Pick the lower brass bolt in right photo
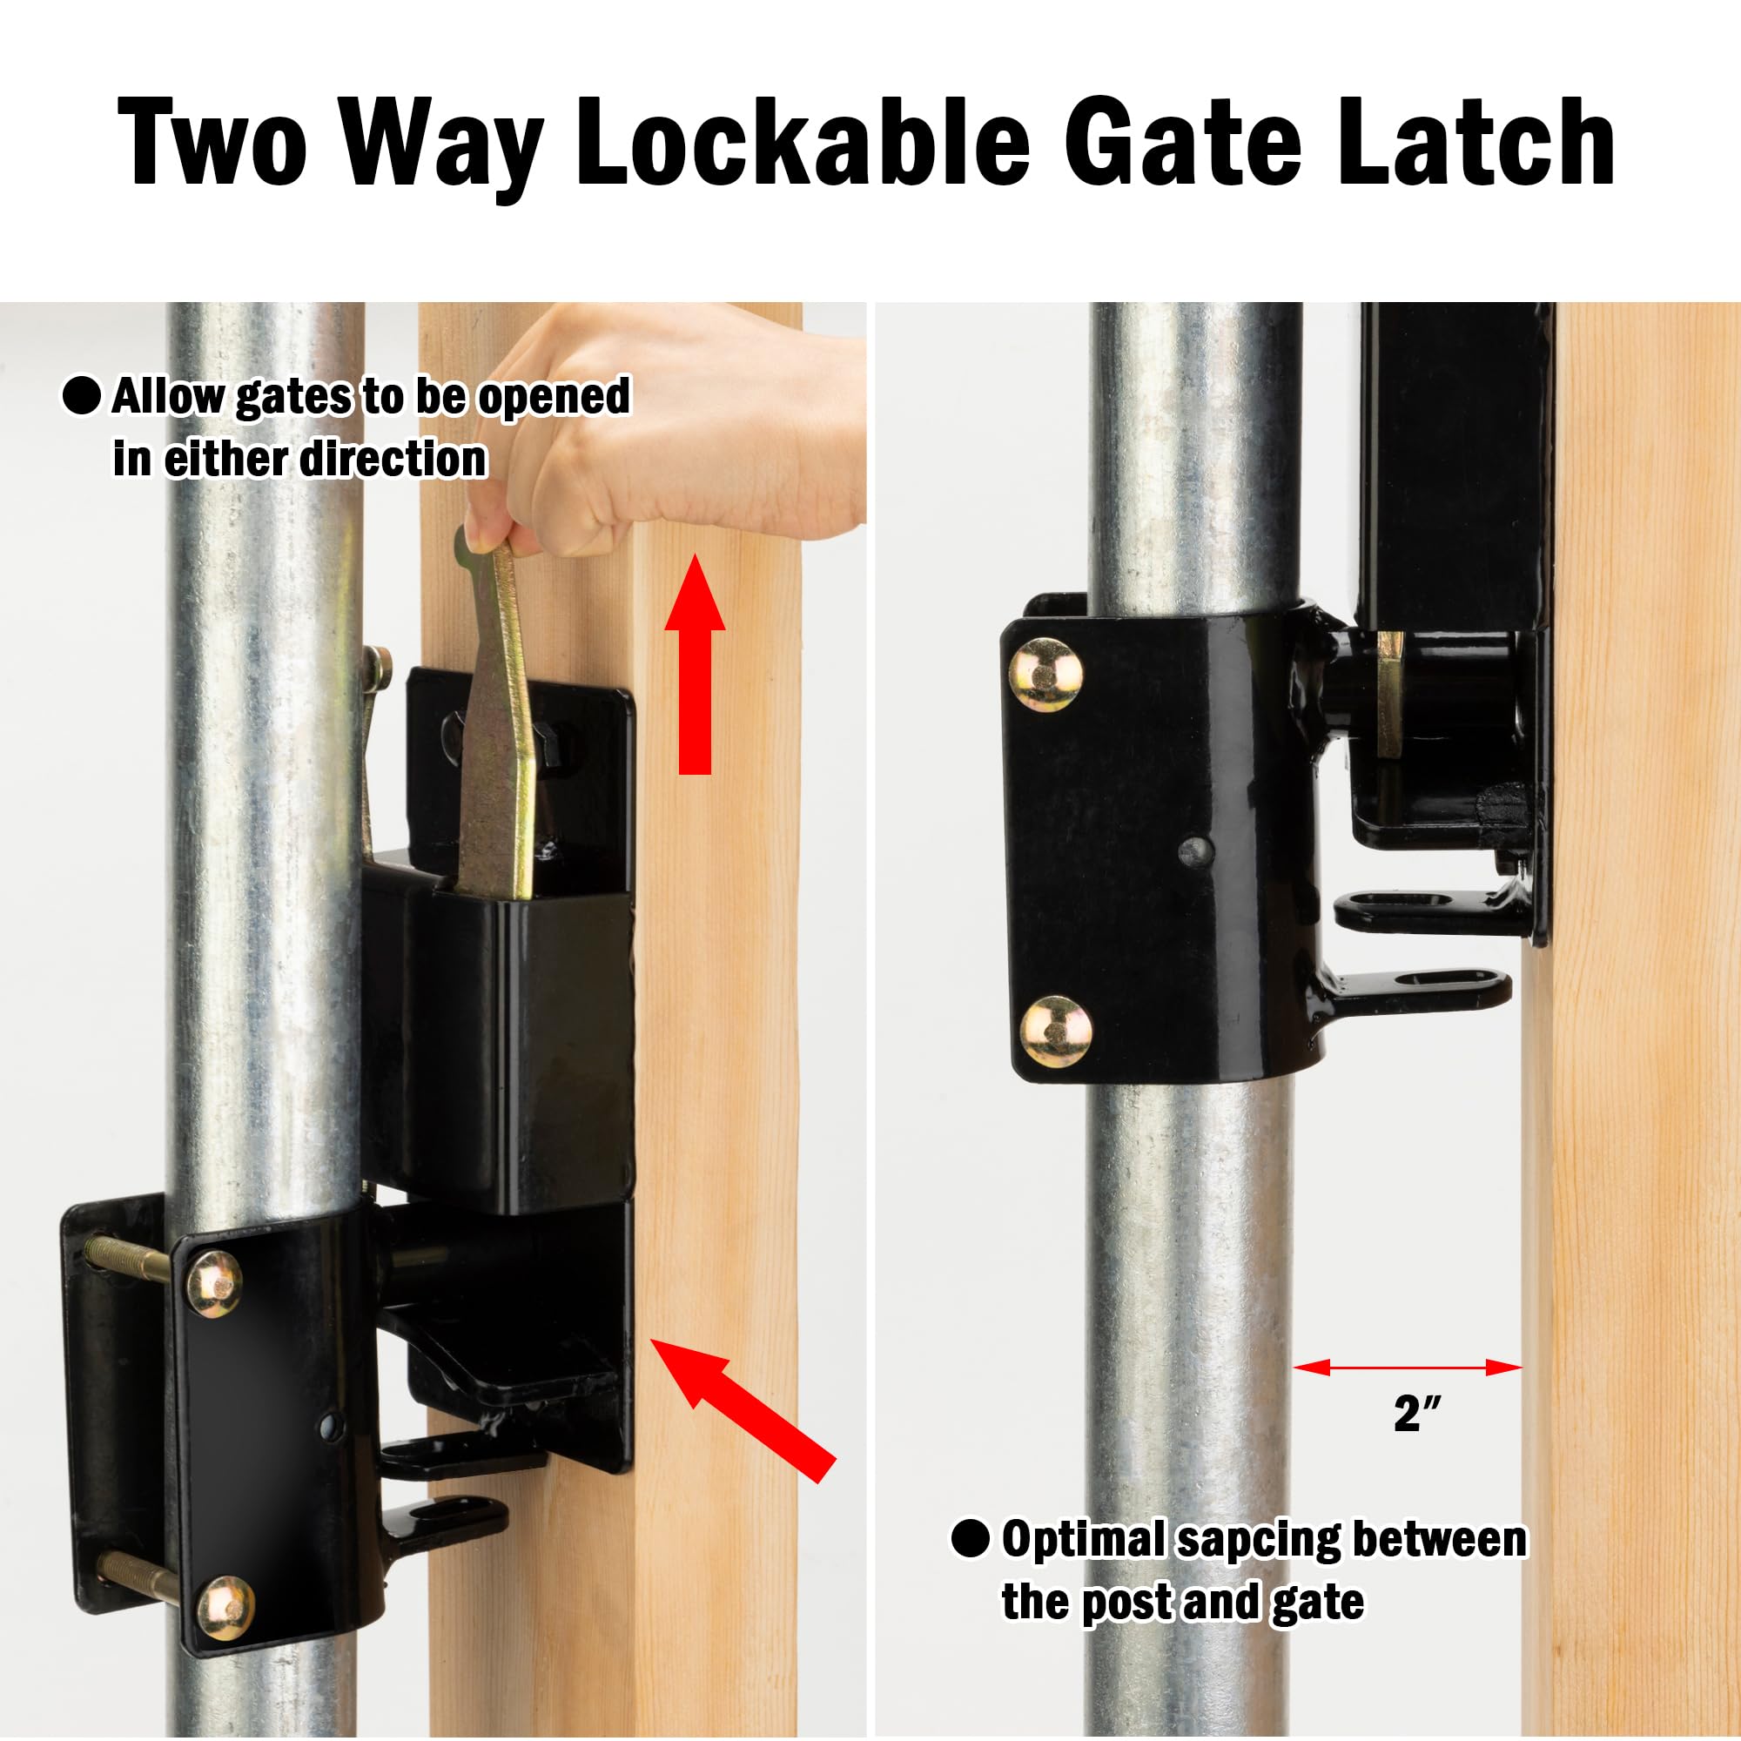(1056, 1031)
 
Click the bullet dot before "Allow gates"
(81, 396)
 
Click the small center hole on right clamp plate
(1195, 849)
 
